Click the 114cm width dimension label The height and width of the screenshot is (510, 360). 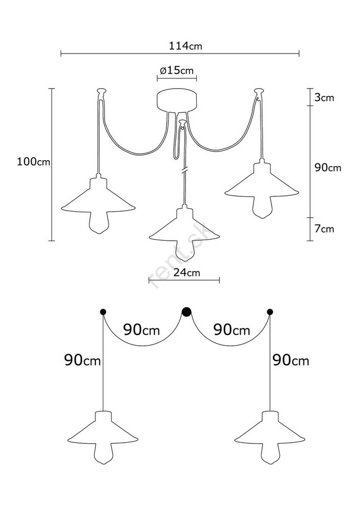185,46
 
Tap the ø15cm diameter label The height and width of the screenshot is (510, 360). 176,70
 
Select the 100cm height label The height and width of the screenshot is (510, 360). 34,161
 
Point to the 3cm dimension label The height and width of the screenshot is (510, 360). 324,97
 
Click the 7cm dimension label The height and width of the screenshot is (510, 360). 324,228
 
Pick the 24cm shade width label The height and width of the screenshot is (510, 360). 187,272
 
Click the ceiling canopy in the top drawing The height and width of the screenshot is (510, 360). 176,101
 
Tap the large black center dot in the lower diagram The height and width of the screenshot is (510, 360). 186,312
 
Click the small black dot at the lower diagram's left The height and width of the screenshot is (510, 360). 103,312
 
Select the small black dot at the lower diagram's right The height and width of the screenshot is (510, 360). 270,312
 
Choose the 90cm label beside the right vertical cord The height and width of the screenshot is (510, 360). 291,361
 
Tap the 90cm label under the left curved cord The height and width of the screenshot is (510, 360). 141,330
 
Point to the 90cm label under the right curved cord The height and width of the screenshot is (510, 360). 232,330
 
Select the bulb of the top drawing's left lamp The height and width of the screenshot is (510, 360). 98,222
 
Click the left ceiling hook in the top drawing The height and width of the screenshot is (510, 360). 101,91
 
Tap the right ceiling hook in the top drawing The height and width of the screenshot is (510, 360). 259,91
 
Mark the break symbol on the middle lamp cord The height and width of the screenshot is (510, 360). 185,170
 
